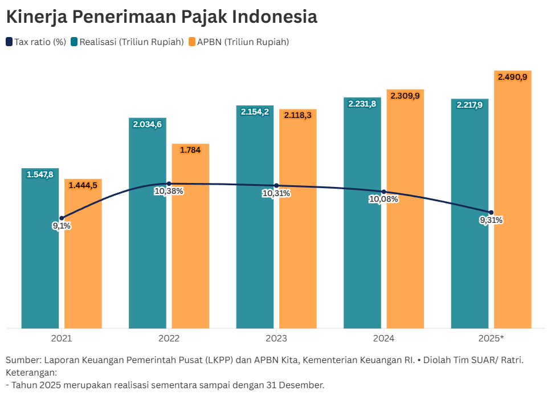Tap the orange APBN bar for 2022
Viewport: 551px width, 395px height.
(190, 256)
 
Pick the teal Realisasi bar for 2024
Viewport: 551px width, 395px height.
(362, 256)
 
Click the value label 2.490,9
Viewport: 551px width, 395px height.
(512, 76)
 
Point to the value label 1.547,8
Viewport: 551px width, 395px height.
(40, 174)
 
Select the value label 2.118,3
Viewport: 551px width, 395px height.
(298, 115)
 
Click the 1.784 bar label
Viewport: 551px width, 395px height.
(190, 150)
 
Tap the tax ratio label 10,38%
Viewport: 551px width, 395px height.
(169, 192)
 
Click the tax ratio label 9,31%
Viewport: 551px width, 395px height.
(491, 221)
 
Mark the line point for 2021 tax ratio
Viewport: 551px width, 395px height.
(62, 218)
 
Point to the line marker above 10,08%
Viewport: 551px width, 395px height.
(383, 192)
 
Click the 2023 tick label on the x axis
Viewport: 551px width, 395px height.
(276, 338)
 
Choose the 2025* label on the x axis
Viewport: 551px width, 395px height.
(491, 338)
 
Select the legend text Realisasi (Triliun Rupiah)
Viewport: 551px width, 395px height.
(132, 42)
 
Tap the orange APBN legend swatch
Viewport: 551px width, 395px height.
(191, 42)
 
